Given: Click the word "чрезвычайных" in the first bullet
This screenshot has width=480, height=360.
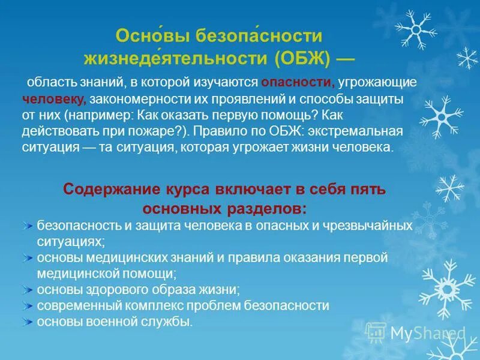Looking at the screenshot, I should [376, 226].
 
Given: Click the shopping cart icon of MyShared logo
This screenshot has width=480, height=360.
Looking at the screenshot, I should [376, 332].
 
